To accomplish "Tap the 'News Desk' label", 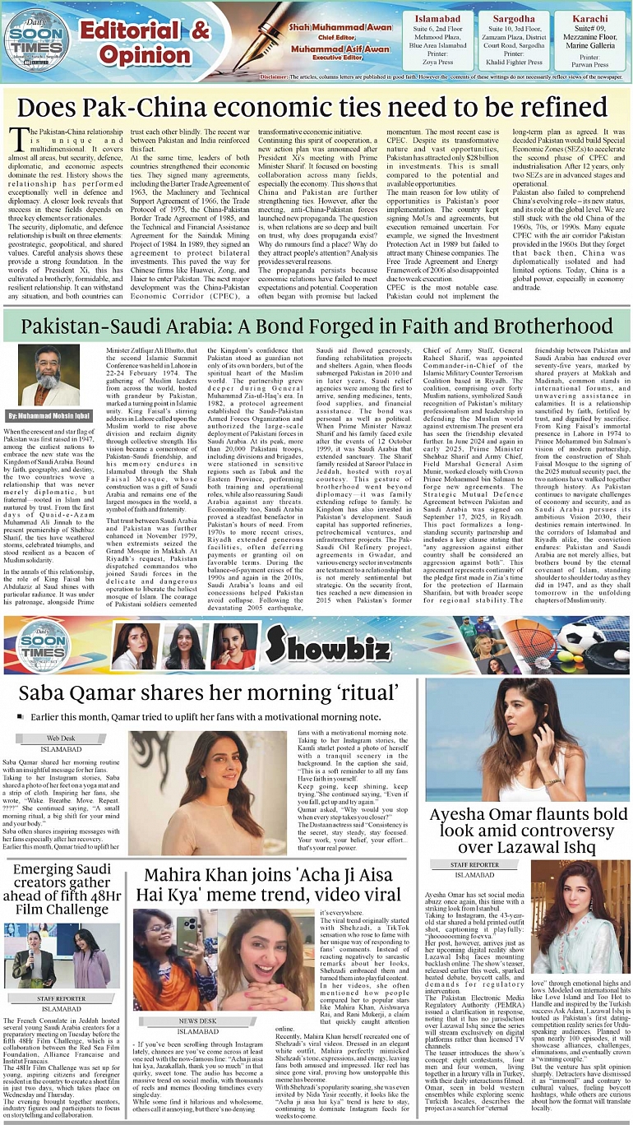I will tap(197, 1021).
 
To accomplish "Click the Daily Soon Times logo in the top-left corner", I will tap(36, 36).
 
